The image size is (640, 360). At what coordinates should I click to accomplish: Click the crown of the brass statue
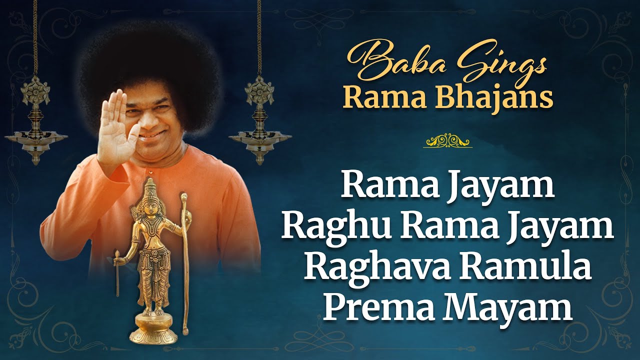pyautogui.click(x=150, y=188)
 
